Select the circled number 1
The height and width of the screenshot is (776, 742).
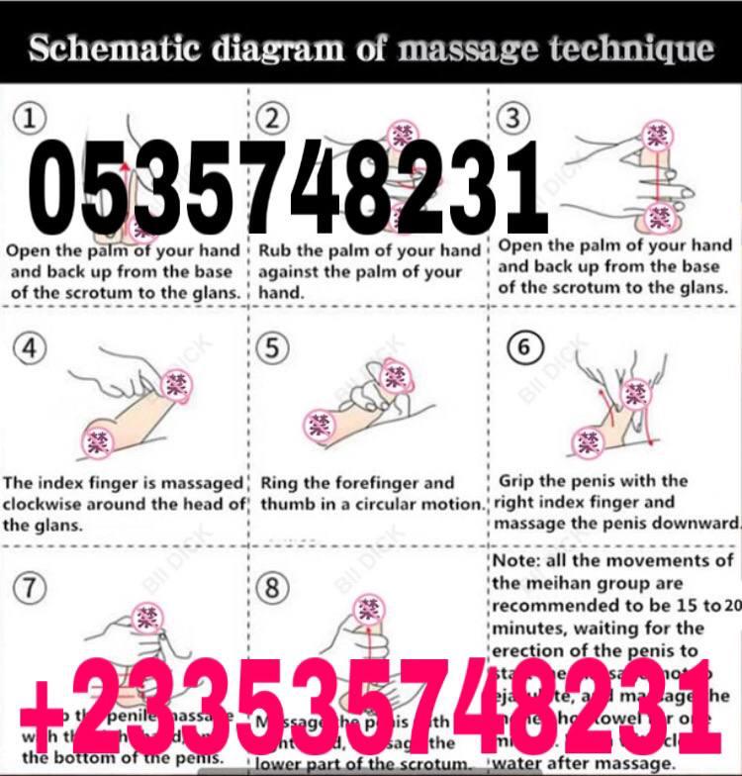click(x=33, y=119)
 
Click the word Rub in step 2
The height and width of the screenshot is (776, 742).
click(x=276, y=250)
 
